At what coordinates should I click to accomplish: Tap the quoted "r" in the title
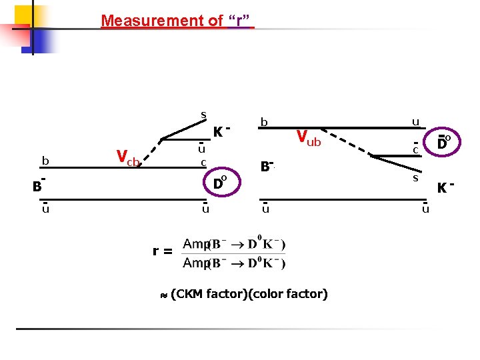coord(241,21)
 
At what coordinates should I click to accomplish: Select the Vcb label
coord(127,158)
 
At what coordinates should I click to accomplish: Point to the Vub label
coord(309,138)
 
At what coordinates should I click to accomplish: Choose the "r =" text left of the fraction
coord(163,251)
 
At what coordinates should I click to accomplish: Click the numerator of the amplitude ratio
coord(235,244)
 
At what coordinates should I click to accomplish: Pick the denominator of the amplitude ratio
coord(235,262)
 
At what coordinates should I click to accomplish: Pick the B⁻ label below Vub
coord(267,165)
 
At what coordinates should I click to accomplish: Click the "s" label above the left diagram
coord(203,115)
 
